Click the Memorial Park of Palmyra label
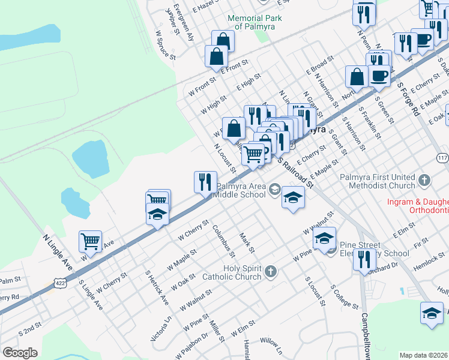255,22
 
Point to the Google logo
20,353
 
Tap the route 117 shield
443,158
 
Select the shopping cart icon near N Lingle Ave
90,242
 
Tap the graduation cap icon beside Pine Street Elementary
324,239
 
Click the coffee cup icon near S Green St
379,76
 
